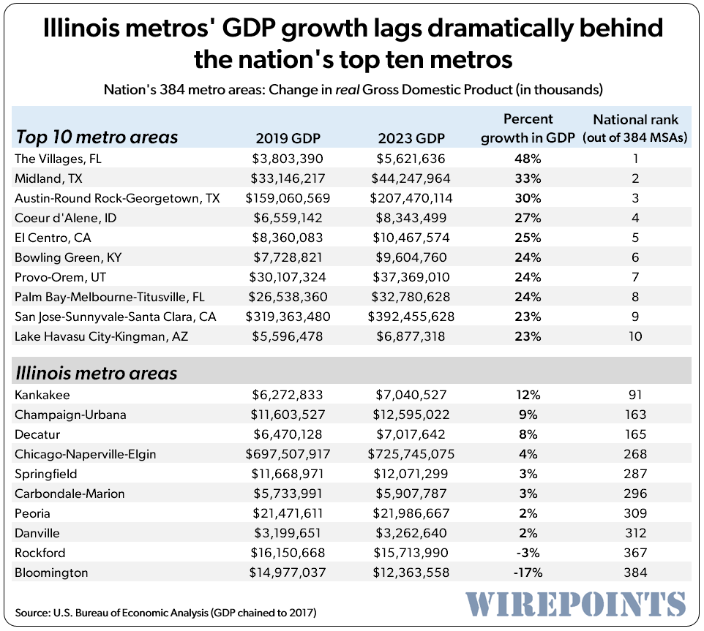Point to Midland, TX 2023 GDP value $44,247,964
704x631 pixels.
click(x=411, y=178)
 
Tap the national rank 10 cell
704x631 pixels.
click(x=635, y=336)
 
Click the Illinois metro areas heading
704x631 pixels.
click(x=97, y=373)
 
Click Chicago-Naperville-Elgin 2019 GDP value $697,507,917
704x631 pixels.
click(x=285, y=454)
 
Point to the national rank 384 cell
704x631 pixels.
click(x=635, y=573)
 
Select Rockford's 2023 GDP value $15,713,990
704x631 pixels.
click(x=411, y=553)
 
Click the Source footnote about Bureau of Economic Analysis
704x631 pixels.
click(x=165, y=611)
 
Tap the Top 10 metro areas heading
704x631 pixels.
click(x=97, y=137)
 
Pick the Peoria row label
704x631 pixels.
click(x=34, y=513)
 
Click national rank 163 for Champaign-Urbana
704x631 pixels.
click(x=635, y=415)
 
